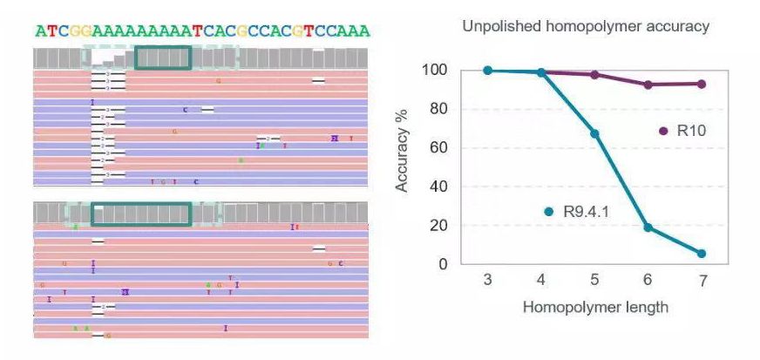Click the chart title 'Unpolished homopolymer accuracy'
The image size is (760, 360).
586,26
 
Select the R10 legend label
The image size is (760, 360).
690,131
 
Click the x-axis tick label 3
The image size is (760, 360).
488,282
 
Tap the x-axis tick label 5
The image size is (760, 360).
594,282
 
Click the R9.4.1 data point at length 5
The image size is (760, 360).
594,133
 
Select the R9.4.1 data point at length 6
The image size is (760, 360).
648,228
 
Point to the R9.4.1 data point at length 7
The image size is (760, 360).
701,254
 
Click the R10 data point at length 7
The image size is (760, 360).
701,84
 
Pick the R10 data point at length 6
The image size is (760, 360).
648,85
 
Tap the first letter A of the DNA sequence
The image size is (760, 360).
41,31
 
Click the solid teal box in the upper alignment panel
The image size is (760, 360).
163,58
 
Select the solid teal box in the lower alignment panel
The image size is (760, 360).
140,214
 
